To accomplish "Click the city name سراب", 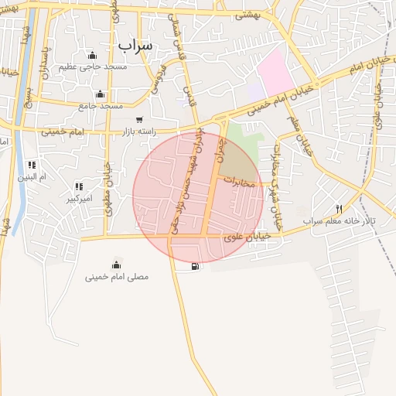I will tap(136, 46).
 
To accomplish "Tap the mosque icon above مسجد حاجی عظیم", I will tap(93, 55).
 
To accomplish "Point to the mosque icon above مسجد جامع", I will tap(100, 94).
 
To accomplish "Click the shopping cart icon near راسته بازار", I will tap(139, 120).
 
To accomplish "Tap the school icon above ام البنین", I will tap(32, 165).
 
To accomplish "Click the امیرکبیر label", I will tap(79, 199).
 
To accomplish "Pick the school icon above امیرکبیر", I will tap(79, 186).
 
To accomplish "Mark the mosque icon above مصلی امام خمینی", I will tap(117, 265).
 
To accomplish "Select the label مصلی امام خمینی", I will tap(117, 276).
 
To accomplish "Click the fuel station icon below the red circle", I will tap(193, 268).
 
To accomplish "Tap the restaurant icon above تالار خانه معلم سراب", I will tap(339, 209).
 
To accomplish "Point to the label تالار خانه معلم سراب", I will tap(339, 221).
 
